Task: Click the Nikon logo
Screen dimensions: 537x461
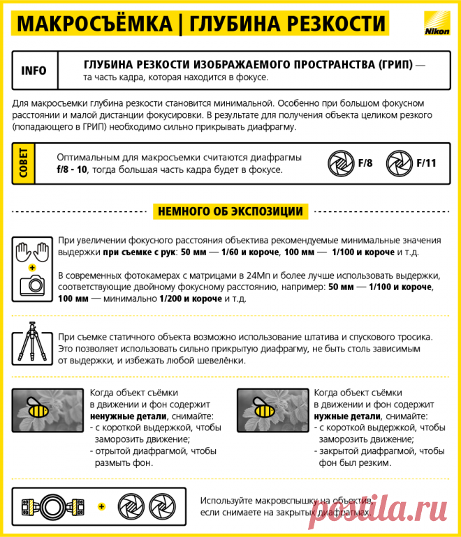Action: coord(431,26)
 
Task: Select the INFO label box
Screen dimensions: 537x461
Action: coord(34,70)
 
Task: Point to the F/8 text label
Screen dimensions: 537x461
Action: coord(365,163)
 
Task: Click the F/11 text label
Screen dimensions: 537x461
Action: coord(426,163)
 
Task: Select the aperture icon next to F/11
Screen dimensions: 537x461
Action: coord(400,163)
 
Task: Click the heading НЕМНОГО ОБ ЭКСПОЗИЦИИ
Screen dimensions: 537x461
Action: coord(230,211)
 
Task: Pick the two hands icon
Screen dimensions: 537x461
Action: coord(32,250)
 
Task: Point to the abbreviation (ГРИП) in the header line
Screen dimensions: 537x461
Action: coord(391,64)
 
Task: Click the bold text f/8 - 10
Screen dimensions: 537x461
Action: coord(72,169)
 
